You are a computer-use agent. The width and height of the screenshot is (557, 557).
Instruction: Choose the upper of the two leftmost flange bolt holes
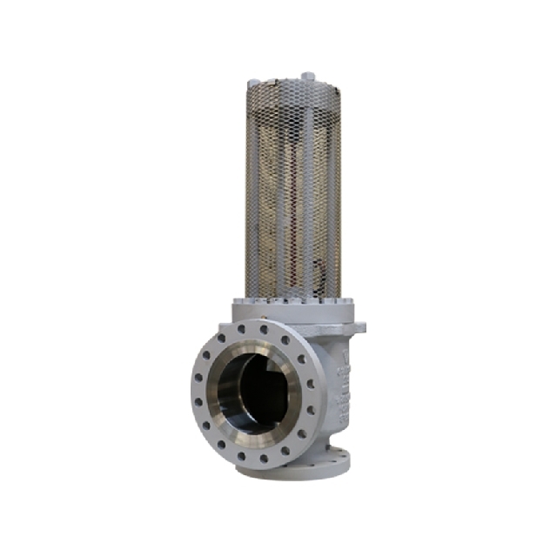pyautogui.click(x=198, y=379)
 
